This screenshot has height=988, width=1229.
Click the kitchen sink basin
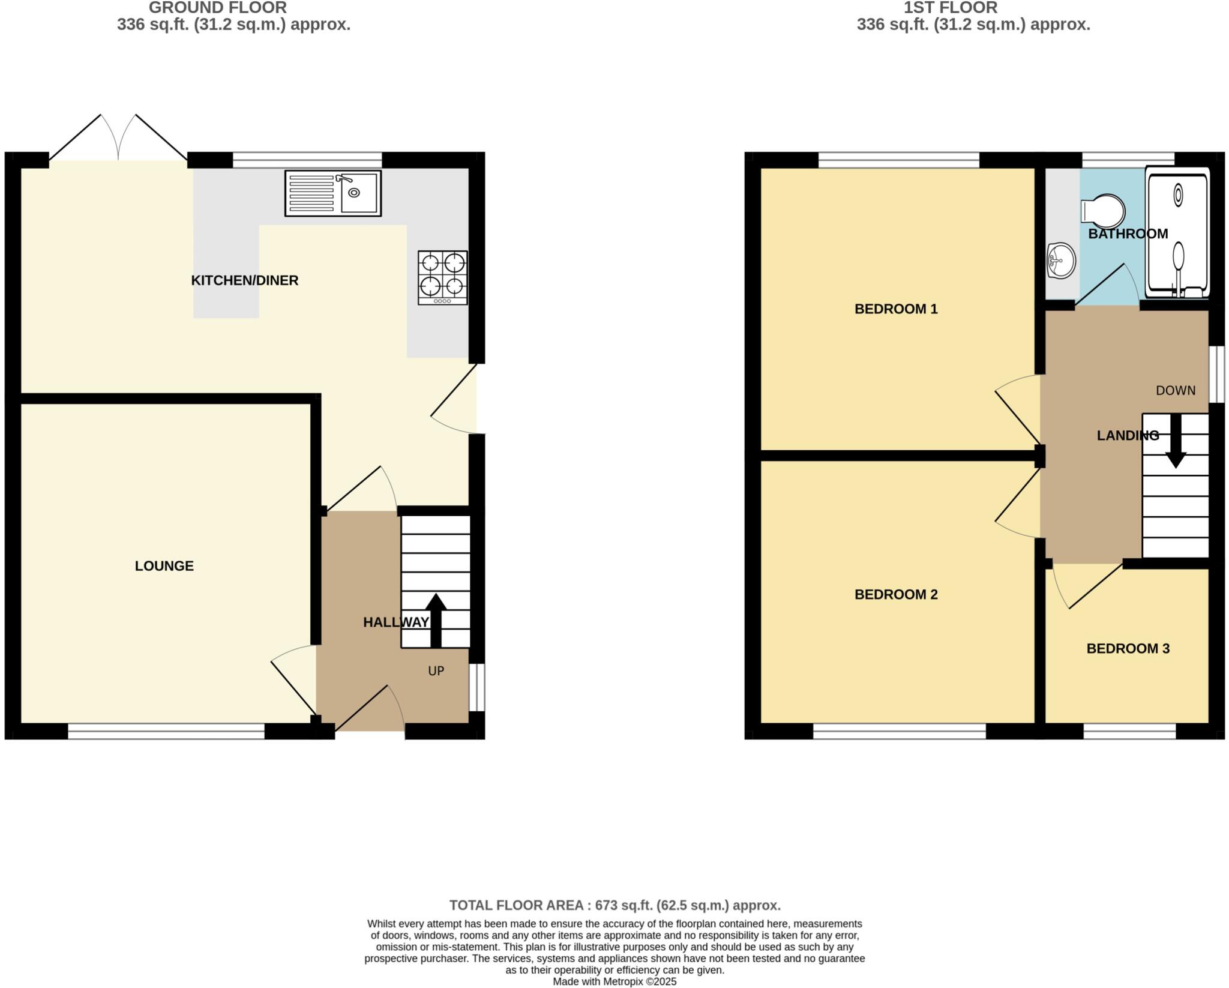tap(359, 193)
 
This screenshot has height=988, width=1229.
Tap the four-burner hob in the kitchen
tap(443, 277)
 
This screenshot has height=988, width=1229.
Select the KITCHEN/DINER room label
tap(244, 280)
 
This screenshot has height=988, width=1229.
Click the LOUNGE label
tap(164, 566)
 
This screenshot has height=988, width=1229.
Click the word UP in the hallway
tap(436, 671)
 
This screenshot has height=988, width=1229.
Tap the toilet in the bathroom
tap(1103, 211)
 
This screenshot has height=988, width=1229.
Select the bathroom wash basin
tap(1060, 261)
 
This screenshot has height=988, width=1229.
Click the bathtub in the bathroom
tap(1177, 233)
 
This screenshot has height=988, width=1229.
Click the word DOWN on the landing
tap(1175, 391)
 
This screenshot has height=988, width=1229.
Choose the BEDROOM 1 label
tap(895, 309)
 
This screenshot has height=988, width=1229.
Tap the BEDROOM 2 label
tap(895, 595)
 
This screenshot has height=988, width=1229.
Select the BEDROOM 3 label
tap(1128, 649)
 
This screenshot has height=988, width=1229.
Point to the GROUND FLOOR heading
tap(217, 8)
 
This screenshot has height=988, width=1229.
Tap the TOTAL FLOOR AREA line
tap(614, 905)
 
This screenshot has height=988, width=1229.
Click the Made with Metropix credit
tap(614, 982)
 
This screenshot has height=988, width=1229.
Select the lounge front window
tap(166, 731)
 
